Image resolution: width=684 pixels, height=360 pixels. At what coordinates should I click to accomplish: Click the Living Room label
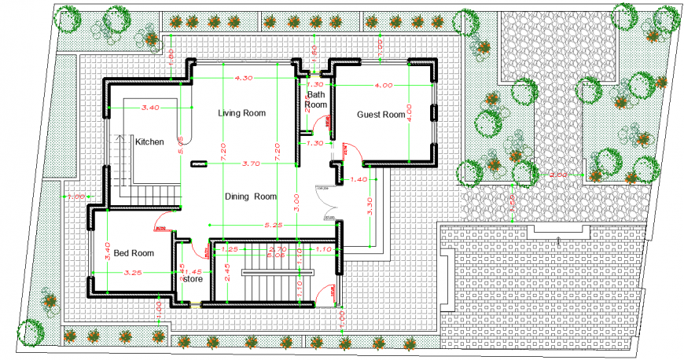click(241, 113)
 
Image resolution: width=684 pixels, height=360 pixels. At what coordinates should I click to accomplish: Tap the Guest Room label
click(381, 115)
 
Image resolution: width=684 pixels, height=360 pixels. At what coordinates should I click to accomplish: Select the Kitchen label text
click(149, 142)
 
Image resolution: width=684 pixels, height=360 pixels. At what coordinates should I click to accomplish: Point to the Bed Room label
click(133, 253)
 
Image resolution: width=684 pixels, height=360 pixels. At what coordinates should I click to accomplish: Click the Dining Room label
click(251, 197)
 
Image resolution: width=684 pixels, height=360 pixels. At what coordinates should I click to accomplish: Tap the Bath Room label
click(315, 99)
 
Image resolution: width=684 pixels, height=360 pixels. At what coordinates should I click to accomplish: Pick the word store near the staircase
click(193, 278)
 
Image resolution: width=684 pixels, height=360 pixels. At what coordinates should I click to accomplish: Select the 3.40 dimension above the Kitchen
click(150, 107)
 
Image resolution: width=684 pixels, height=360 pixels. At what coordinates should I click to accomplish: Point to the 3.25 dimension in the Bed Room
click(133, 273)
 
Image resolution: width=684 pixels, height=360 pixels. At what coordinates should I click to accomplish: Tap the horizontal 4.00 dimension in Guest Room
click(384, 84)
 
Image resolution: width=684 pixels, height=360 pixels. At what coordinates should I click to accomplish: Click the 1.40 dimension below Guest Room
click(358, 180)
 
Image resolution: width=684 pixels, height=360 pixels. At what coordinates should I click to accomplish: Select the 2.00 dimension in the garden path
click(557, 174)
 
